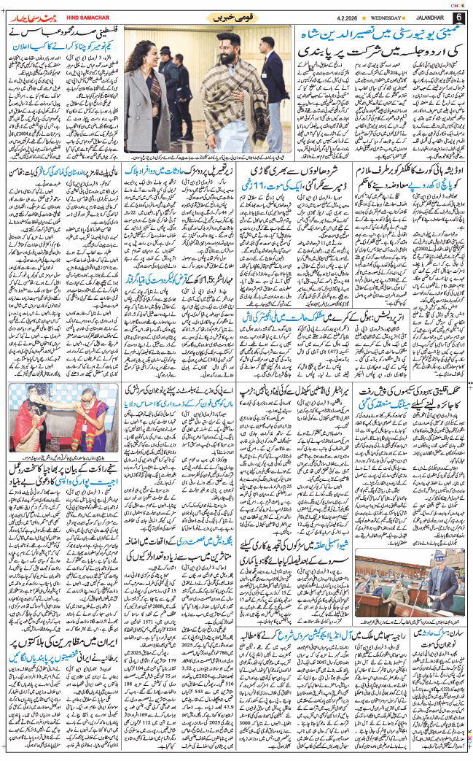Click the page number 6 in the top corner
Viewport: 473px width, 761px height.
(460, 17)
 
